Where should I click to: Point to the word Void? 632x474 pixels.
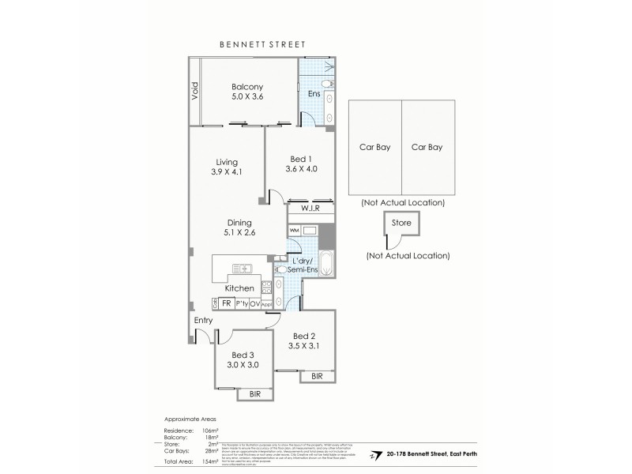[194, 92]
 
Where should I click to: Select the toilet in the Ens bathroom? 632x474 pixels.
[328, 85]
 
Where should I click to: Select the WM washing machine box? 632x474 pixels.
[294, 230]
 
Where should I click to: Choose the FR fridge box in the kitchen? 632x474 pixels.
[226, 303]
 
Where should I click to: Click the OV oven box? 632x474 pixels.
[255, 303]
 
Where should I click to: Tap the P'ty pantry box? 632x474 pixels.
[241, 303]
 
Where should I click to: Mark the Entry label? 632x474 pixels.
[205, 321]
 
